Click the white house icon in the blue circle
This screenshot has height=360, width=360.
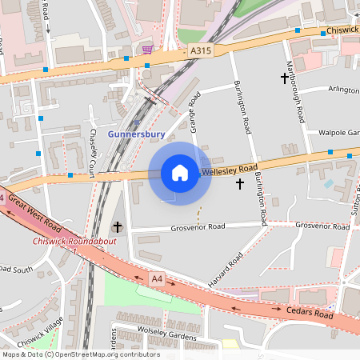pos(180,173)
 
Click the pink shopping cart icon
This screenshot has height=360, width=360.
pos(147,50)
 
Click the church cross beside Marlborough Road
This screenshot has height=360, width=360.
pos(284,78)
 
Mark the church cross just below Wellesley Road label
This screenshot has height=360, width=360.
pos(239,184)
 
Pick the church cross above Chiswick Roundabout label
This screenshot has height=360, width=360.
pos(118,227)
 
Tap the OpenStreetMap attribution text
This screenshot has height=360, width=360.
pos(80,354)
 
